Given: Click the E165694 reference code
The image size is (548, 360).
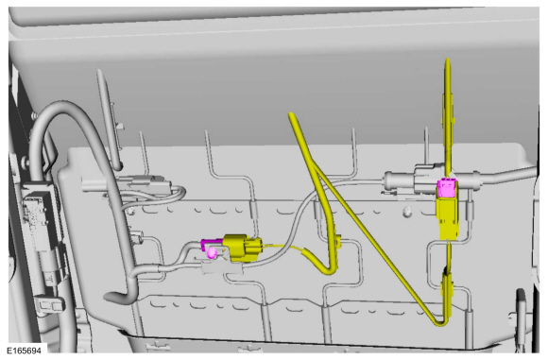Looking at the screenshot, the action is [24, 351].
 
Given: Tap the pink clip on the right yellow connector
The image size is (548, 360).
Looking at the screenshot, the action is [448, 187].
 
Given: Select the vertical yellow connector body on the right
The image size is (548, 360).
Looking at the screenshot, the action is [449, 217].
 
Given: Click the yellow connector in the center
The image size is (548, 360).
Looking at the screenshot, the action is [242, 248].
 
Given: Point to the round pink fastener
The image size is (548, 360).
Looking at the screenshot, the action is [212, 252].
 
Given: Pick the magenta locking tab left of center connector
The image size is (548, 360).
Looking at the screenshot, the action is [211, 243].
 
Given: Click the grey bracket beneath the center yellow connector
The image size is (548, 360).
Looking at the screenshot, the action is [222, 267].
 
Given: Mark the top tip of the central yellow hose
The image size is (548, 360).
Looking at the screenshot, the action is [291, 114].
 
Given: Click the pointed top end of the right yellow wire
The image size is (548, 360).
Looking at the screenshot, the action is [448, 60].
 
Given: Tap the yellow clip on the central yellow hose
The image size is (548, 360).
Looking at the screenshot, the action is [338, 241].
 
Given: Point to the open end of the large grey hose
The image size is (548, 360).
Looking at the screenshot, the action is [111, 298].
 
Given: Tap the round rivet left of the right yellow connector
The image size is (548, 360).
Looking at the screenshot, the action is [406, 211].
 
